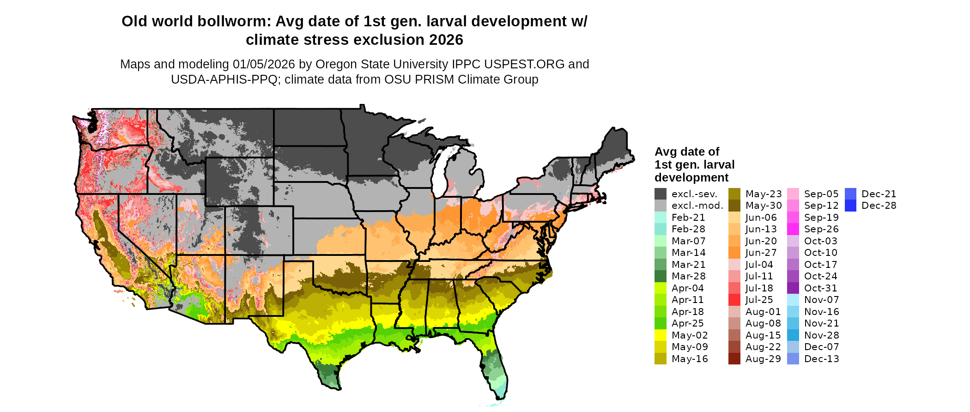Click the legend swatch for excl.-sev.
661,194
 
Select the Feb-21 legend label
688,218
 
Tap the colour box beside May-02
661,335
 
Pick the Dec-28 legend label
879,206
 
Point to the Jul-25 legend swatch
734,300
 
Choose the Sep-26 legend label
821,229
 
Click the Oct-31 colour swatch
793,288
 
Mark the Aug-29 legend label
763,359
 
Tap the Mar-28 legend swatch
661,276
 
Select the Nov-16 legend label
821,312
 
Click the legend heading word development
691,178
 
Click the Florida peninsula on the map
497,365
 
